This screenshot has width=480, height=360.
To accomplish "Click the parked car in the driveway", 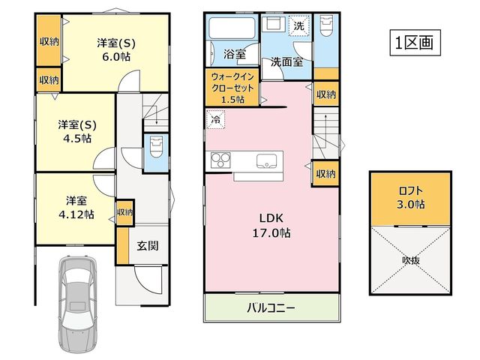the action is click(x=78, y=302).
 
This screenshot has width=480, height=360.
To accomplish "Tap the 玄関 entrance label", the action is click(x=148, y=245).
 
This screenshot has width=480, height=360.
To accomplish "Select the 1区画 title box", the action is click(x=415, y=43).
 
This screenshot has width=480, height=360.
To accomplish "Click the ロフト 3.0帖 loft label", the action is click(x=411, y=198).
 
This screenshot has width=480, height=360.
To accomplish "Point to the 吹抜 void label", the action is click(x=411, y=260).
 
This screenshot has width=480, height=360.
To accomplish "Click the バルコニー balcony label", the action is click(x=271, y=307).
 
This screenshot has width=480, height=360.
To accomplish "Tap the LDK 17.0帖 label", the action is click(x=271, y=226).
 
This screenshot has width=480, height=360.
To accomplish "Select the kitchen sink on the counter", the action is click(x=267, y=160).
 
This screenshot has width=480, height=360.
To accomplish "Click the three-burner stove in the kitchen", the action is click(x=220, y=160).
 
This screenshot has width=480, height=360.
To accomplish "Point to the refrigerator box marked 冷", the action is click(x=215, y=119).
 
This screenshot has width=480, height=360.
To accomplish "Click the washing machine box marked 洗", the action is click(x=299, y=25).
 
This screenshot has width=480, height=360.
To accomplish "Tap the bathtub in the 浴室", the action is click(x=232, y=28).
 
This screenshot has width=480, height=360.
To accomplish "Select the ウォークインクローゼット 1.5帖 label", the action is click(x=232, y=88).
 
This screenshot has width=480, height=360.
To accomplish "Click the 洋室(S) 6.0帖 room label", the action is click(x=116, y=49).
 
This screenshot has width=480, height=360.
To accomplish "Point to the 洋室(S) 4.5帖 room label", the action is click(x=77, y=132).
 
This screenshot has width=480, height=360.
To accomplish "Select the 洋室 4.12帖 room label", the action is click(x=76, y=208).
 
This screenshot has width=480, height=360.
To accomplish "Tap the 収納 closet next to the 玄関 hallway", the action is click(x=125, y=212).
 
